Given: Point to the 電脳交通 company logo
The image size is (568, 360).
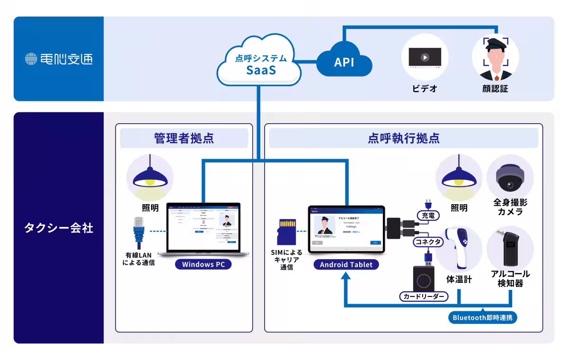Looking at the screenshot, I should coord(59,59).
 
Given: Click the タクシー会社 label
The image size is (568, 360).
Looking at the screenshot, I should coord(59,228).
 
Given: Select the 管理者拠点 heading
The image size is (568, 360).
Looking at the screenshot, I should coord(184,138).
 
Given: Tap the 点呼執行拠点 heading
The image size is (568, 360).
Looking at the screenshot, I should coord(403,138).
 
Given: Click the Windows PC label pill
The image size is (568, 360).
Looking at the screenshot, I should coord(204,264).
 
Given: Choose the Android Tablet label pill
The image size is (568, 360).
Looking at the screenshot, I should coord(346,264).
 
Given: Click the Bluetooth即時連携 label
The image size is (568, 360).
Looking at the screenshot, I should coord(482,318).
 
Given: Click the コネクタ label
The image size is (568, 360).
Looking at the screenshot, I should coord(428,242).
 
